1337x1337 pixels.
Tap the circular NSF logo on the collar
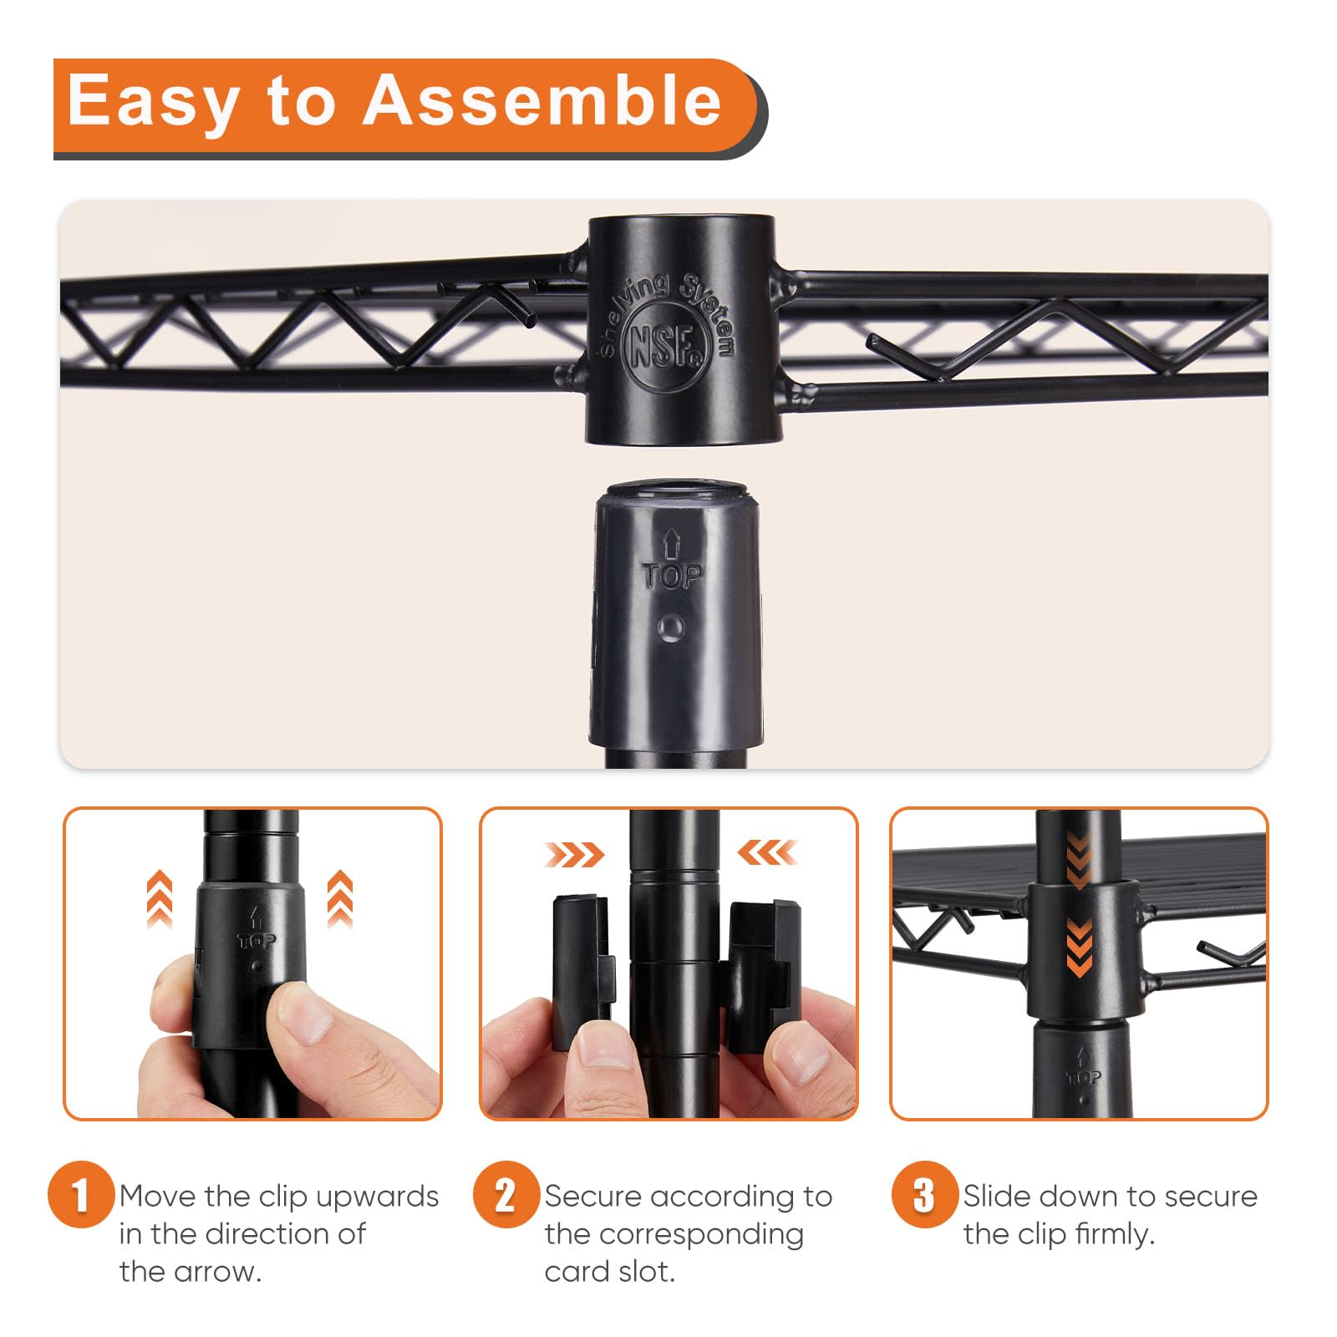click(667, 346)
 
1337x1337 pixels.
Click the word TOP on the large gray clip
click(672, 576)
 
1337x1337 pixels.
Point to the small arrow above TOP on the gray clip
click(672, 544)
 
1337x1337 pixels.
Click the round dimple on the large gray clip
click(671, 628)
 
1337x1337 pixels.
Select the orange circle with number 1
click(81, 1194)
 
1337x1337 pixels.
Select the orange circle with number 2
click(506, 1194)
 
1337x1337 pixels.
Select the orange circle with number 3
click(924, 1194)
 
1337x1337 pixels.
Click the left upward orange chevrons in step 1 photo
click(160, 899)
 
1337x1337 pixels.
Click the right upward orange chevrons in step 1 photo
click(339, 899)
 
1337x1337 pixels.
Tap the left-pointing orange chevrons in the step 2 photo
click(767, 853)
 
